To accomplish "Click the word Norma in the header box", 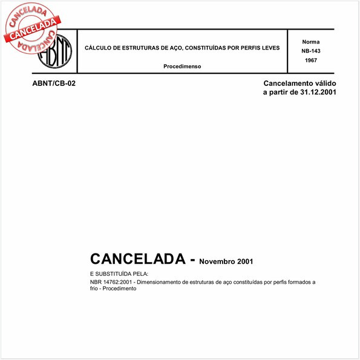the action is (x=311, y=41).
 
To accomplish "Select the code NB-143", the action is (x=311, y=51).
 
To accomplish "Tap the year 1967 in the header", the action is (x=311, y=61).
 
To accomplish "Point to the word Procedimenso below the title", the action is (x=182, y=66).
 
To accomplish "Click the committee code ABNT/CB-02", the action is (x=54, y=83).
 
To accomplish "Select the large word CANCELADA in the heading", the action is (x=137, y=259).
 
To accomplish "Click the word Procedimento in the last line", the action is (x=119, y=289).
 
